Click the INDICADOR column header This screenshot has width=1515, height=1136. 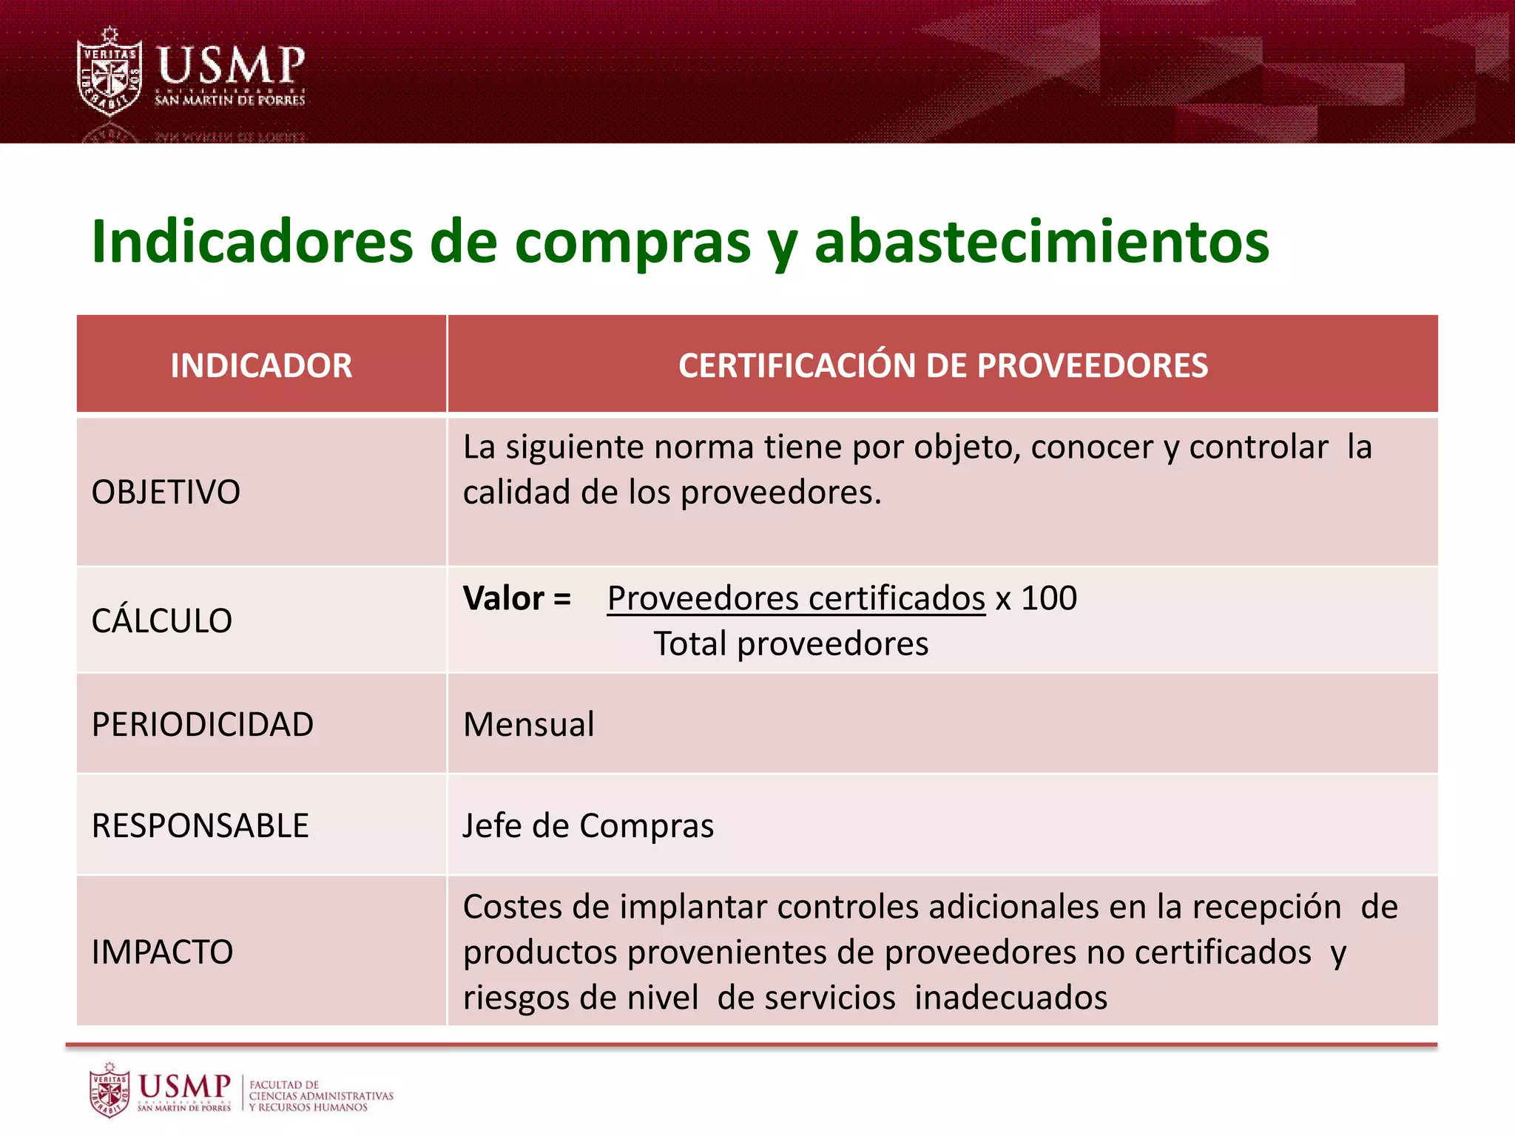(261, 365)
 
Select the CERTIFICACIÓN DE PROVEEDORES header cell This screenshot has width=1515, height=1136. (942, 365)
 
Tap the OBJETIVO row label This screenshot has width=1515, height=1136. (166, 493)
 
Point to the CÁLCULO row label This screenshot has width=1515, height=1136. (161, 621)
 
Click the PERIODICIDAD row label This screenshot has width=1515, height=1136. (202, 724)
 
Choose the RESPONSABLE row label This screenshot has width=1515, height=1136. (200, 825)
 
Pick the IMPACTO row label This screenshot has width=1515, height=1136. (162, 952)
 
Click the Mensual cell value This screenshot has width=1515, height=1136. (528, 724)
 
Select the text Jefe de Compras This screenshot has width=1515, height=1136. (588, 825)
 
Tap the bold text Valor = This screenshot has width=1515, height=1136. (516, 598)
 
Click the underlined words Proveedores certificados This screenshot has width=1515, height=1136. (796, 598)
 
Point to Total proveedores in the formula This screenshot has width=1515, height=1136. (790, 643)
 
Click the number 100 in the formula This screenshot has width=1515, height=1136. (1049, 598)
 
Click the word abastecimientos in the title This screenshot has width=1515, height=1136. (1042, 242)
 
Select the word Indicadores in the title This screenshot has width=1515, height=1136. (252, 242)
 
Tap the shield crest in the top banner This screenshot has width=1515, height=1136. (110, 72)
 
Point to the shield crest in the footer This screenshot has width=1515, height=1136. (109, 1090)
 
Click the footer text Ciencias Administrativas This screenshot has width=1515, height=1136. (321, 1096)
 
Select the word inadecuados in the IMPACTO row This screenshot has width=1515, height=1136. (1010, 998)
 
